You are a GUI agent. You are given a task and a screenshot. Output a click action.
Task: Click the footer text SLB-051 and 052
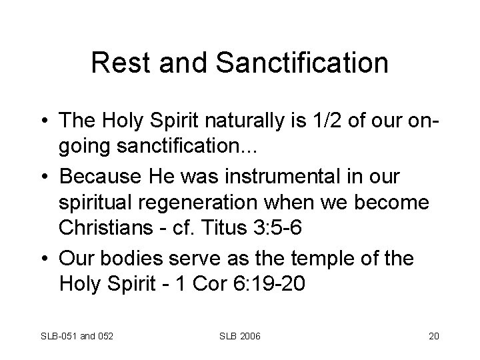[76, 335]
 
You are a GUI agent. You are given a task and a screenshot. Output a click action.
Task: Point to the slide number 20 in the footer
[433, 335]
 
